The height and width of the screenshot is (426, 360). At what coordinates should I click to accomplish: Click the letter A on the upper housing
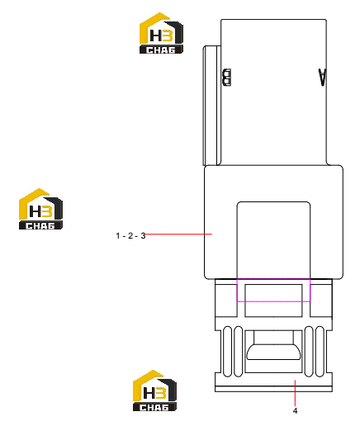point(322,78)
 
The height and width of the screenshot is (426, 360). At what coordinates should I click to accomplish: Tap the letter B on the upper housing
point(227,78)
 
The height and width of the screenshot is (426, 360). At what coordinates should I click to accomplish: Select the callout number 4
point(295,411)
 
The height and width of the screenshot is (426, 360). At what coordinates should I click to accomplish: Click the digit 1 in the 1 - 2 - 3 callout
point(118,236)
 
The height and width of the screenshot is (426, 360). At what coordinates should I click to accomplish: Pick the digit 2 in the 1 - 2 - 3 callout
point(130,236)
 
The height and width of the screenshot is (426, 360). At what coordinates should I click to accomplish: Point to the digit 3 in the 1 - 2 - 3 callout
point(143,236)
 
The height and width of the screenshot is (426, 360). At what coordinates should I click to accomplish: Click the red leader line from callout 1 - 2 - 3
point(178,234)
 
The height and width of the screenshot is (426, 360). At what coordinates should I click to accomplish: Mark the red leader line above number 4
point(295,393)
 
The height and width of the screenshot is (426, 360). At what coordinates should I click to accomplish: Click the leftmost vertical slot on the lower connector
point(227,352)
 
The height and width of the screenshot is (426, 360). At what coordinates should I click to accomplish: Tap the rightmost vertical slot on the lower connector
point(320,352)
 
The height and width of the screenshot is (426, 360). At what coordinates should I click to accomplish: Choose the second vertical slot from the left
point(238,352)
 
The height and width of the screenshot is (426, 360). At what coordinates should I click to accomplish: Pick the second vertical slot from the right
point(309,352)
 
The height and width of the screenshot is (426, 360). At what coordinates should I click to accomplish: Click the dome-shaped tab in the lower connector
point(273,352)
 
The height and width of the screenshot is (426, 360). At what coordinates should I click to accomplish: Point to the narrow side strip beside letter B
point(211,106)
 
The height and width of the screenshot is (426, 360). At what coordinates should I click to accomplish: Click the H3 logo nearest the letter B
point(161,33)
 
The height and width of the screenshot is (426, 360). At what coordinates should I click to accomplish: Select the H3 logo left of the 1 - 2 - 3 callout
point(40,209)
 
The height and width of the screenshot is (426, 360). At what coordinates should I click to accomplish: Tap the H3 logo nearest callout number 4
point(154,390)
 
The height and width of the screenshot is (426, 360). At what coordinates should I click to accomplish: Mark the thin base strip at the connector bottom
point(273,389)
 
